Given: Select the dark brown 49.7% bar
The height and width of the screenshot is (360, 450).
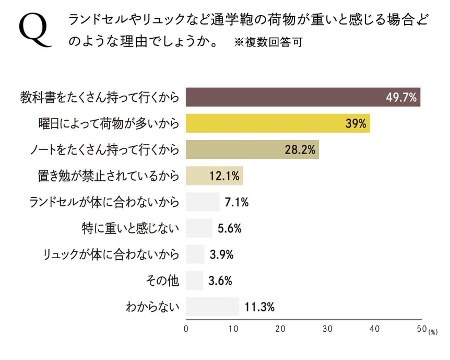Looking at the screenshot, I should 303,97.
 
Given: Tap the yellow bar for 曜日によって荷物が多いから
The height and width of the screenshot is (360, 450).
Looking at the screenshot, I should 278,124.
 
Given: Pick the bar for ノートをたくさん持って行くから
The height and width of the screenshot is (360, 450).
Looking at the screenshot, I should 252,150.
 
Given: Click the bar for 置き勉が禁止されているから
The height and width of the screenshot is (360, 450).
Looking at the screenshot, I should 214,176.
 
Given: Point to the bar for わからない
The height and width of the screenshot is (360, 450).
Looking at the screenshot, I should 212,307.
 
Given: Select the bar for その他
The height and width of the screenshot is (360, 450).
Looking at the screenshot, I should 194,281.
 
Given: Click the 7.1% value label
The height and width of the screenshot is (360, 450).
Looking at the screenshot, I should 236,202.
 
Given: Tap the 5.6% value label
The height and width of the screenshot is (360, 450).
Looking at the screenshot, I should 229,228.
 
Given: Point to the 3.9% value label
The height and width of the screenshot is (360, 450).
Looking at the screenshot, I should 221,255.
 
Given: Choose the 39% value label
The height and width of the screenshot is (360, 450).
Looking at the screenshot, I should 357,124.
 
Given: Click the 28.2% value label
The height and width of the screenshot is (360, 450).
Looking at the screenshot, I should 300,150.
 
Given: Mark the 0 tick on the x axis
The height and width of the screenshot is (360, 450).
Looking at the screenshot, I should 186,329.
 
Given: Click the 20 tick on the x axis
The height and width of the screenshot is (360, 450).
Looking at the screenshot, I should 280,329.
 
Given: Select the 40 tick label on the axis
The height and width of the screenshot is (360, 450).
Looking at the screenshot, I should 374,329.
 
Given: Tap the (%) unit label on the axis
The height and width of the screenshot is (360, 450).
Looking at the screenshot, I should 434,332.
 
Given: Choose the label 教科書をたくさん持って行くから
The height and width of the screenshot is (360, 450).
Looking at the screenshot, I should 99,97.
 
